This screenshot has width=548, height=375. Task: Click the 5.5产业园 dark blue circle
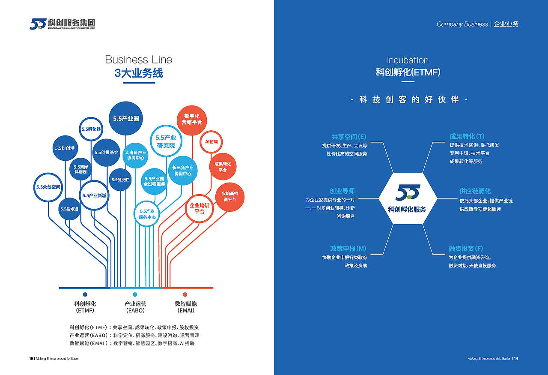125,118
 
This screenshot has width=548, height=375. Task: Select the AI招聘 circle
211,142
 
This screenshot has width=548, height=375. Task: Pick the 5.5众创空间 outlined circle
48,187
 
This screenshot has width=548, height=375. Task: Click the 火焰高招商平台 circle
229,197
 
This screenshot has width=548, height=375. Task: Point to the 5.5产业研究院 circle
166,141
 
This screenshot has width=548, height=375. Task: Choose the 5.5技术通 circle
69,209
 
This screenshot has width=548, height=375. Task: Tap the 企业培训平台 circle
200,208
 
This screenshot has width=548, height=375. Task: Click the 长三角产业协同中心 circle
183,170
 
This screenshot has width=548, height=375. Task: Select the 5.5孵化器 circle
91,129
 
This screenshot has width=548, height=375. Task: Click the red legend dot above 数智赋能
185,294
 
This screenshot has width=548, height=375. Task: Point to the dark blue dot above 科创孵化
85,294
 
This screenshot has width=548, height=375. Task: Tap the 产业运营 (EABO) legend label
135,307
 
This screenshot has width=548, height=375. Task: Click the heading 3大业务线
139,73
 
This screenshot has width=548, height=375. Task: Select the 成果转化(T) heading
467,137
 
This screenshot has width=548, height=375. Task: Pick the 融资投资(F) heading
466,249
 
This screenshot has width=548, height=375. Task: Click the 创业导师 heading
342,191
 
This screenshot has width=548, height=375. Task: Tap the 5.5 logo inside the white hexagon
408,192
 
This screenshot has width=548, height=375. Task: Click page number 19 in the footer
516,358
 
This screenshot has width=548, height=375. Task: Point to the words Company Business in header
462,24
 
